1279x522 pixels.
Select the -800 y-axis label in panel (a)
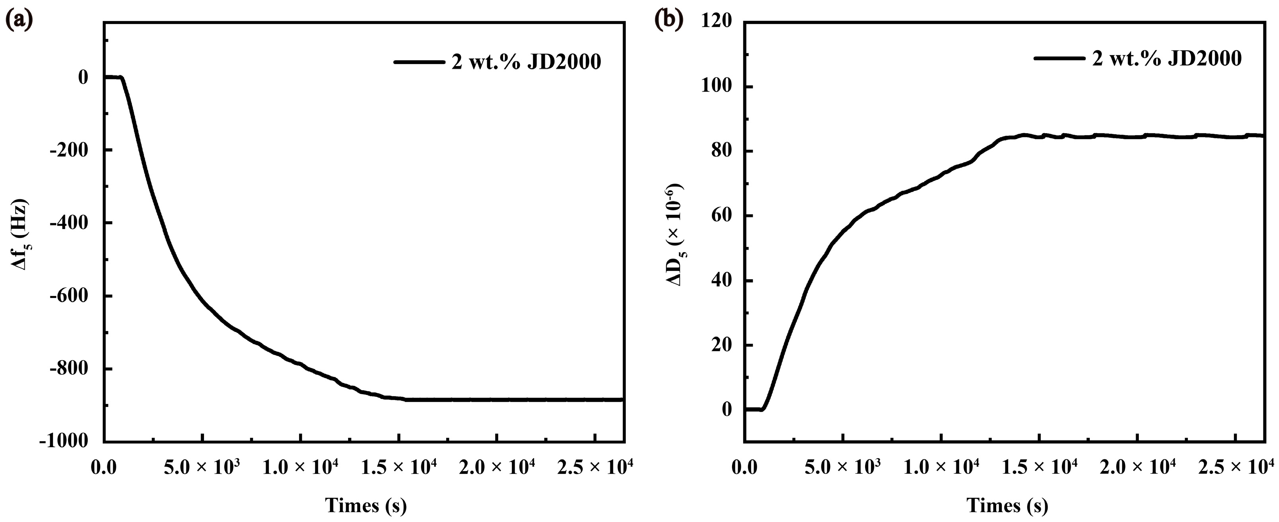(x=69, y=369)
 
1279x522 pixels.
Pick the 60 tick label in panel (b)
(x=721, y=216)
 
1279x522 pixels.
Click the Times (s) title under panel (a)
(x=366, y=506)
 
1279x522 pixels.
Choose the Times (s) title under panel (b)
(x=1007, y=506)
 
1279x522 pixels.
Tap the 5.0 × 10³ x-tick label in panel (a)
(x=202, y=468)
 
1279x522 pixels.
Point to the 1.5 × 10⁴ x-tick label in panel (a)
(x=398, y=468)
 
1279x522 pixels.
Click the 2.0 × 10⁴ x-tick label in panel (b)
(x=1138, y=468)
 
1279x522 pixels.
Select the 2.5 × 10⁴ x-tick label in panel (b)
(x=1236, y=468)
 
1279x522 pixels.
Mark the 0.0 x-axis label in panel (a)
(x=104, y=468)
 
